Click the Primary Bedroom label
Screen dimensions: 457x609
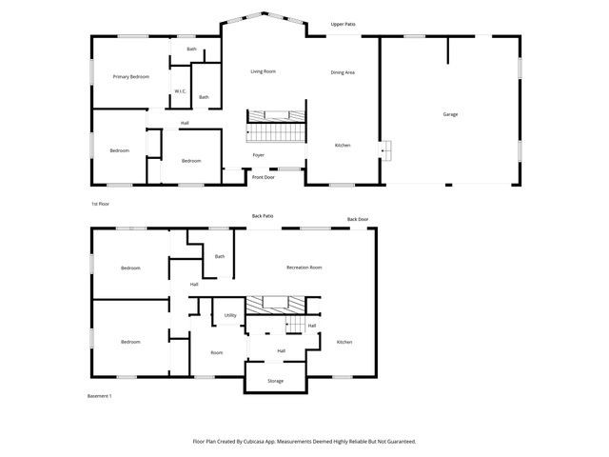pos(131,76)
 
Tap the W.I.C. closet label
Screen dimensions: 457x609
pos(179,92)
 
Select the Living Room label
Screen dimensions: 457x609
pos(263,71)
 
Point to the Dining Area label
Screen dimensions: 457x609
pos(343,72)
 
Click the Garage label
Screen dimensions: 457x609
pos(450,114)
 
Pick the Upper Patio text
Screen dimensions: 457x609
pos(344,23)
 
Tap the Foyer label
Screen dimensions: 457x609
pos(258,154)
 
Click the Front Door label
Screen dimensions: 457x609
pos(263,177)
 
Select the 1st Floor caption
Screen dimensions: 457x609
pos(101,204)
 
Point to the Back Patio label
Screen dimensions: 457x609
pos(263,216)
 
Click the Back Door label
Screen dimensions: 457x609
pos(357,219)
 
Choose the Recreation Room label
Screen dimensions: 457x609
pos(304,268)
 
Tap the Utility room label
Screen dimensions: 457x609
pos(230,315)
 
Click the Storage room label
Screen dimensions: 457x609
pos(275,381)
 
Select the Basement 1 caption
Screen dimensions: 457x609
pos(100,396)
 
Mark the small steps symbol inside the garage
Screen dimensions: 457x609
pos(386,151)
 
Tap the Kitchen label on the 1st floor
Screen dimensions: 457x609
pos(343,145)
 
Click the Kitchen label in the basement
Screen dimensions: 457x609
pos(344,342)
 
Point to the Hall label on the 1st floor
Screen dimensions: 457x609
pos(185,123)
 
